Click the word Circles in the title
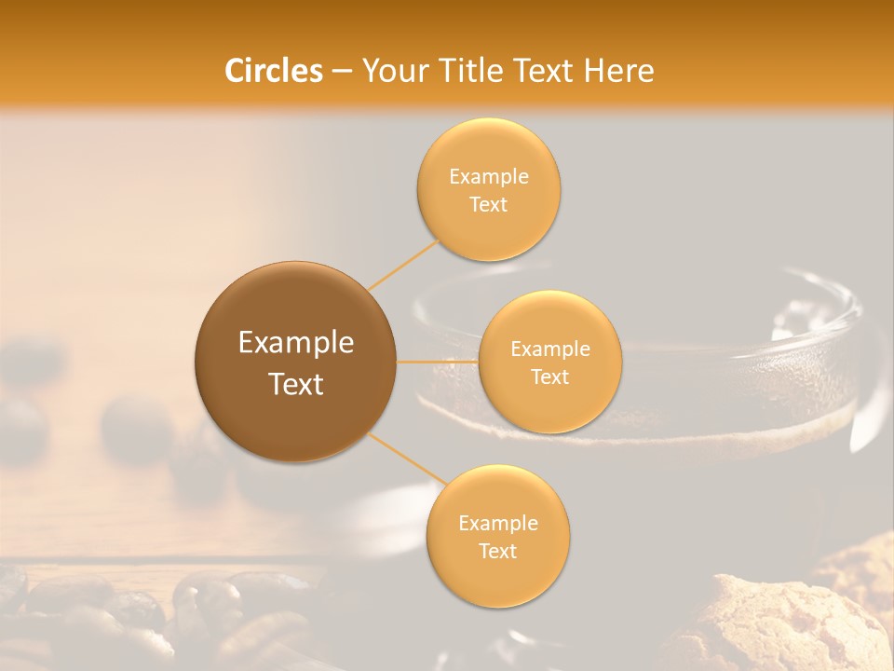coord(273,71)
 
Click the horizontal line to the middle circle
coord(438,362)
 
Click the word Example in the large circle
coord(296,343)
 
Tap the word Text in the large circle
coord(296,384)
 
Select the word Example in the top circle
coord(489,177)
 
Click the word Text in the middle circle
coord(549,377)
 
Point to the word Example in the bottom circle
coord(498,523)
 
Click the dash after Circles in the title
coord(342,72)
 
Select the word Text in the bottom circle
coord(498,551)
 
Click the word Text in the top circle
coord(489,204)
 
